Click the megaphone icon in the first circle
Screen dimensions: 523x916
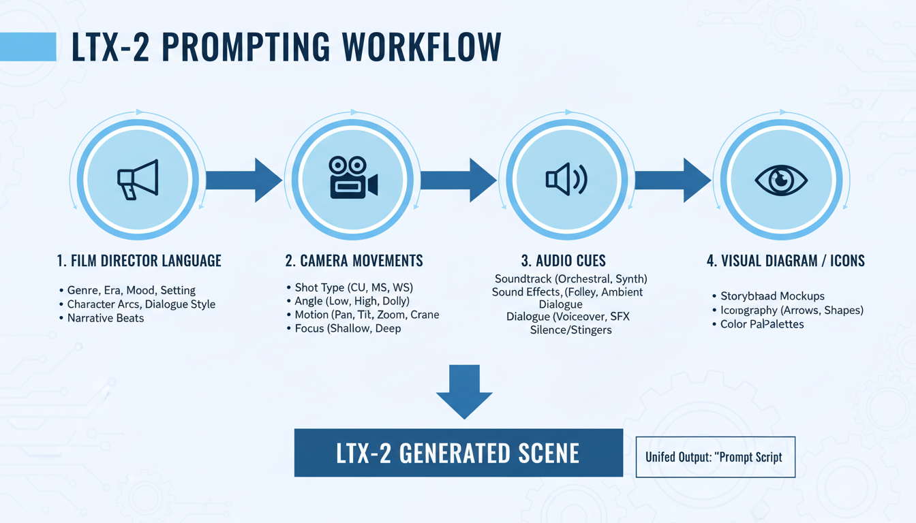(x=138, y=180)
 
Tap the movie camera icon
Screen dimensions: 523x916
(x=353, y=178)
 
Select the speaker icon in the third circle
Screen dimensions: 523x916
(x=566, y=179)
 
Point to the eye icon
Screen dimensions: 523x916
(x=781, y=180)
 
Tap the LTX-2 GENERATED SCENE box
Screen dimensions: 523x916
(x=458, y=453)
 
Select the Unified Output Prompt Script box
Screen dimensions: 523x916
(x=715, y=456)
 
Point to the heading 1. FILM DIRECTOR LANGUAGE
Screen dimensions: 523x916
(x=139, y=260)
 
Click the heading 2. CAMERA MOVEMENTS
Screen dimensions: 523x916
(x=354, y=260)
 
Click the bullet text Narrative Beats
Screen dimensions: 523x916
(x=106, y=318)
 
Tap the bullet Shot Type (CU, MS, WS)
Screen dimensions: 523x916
(x=354, y=287)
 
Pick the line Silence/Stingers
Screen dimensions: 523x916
(x=571, y=330)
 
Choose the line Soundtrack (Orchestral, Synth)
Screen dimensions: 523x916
(x=571, y=279)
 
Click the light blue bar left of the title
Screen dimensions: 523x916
(x=28, y=46)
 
